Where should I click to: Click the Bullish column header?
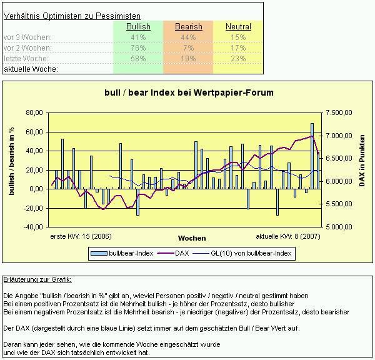[138, 27]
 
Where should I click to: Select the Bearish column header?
[188, 27]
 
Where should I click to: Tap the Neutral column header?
[238, 27]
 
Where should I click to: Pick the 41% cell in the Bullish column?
[138, 37]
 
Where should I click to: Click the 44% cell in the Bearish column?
[188, 37]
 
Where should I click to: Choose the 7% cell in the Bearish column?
[188, 47]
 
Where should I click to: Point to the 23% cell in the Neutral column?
[238, 58]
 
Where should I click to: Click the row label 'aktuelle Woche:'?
[31, 69]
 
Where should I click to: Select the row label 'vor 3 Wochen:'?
[27, 37]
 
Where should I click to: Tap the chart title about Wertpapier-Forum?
[188, 92]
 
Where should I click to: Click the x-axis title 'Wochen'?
[192, 238]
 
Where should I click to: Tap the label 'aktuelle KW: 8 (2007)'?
[287, 237]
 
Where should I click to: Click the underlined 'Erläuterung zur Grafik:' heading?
[37, 279]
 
